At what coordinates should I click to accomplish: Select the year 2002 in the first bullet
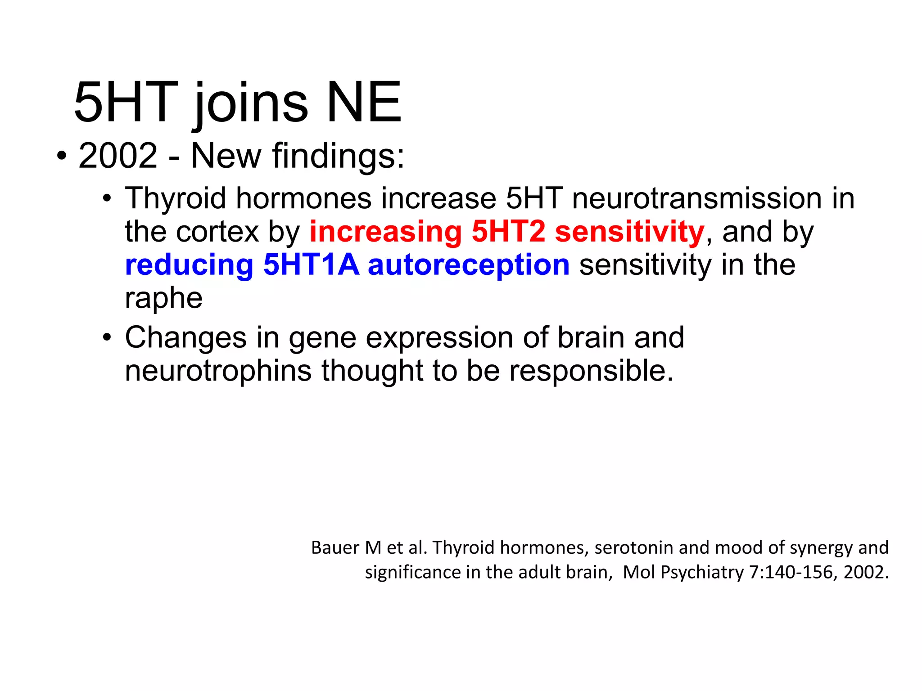point(118,156)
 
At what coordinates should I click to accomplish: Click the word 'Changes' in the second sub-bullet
point(185,337)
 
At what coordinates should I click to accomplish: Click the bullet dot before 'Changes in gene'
point(106,337)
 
